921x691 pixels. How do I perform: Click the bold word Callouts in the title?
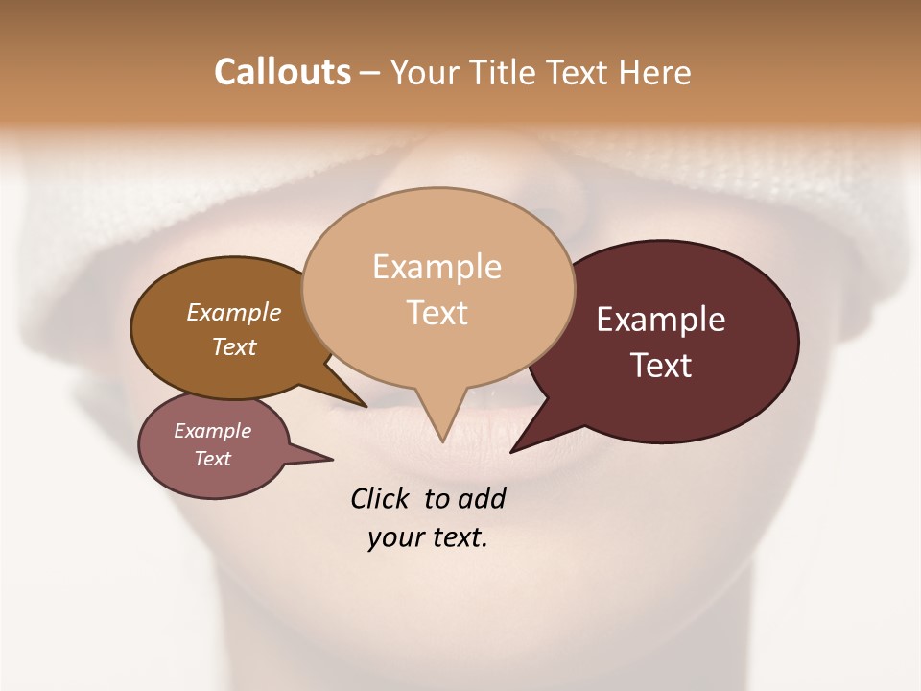282,72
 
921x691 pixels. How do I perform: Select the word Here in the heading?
655,72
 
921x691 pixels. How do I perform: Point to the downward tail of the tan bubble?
439,422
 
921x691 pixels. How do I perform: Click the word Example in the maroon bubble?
661,320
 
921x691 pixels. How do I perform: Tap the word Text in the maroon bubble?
661,366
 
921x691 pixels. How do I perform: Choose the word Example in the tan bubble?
437,267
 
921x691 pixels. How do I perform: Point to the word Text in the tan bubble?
437,313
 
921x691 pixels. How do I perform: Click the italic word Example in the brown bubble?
233,313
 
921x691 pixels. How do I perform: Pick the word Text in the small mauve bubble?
213,459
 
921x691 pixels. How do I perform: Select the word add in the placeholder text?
482,499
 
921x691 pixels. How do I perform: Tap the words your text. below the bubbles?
428,538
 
